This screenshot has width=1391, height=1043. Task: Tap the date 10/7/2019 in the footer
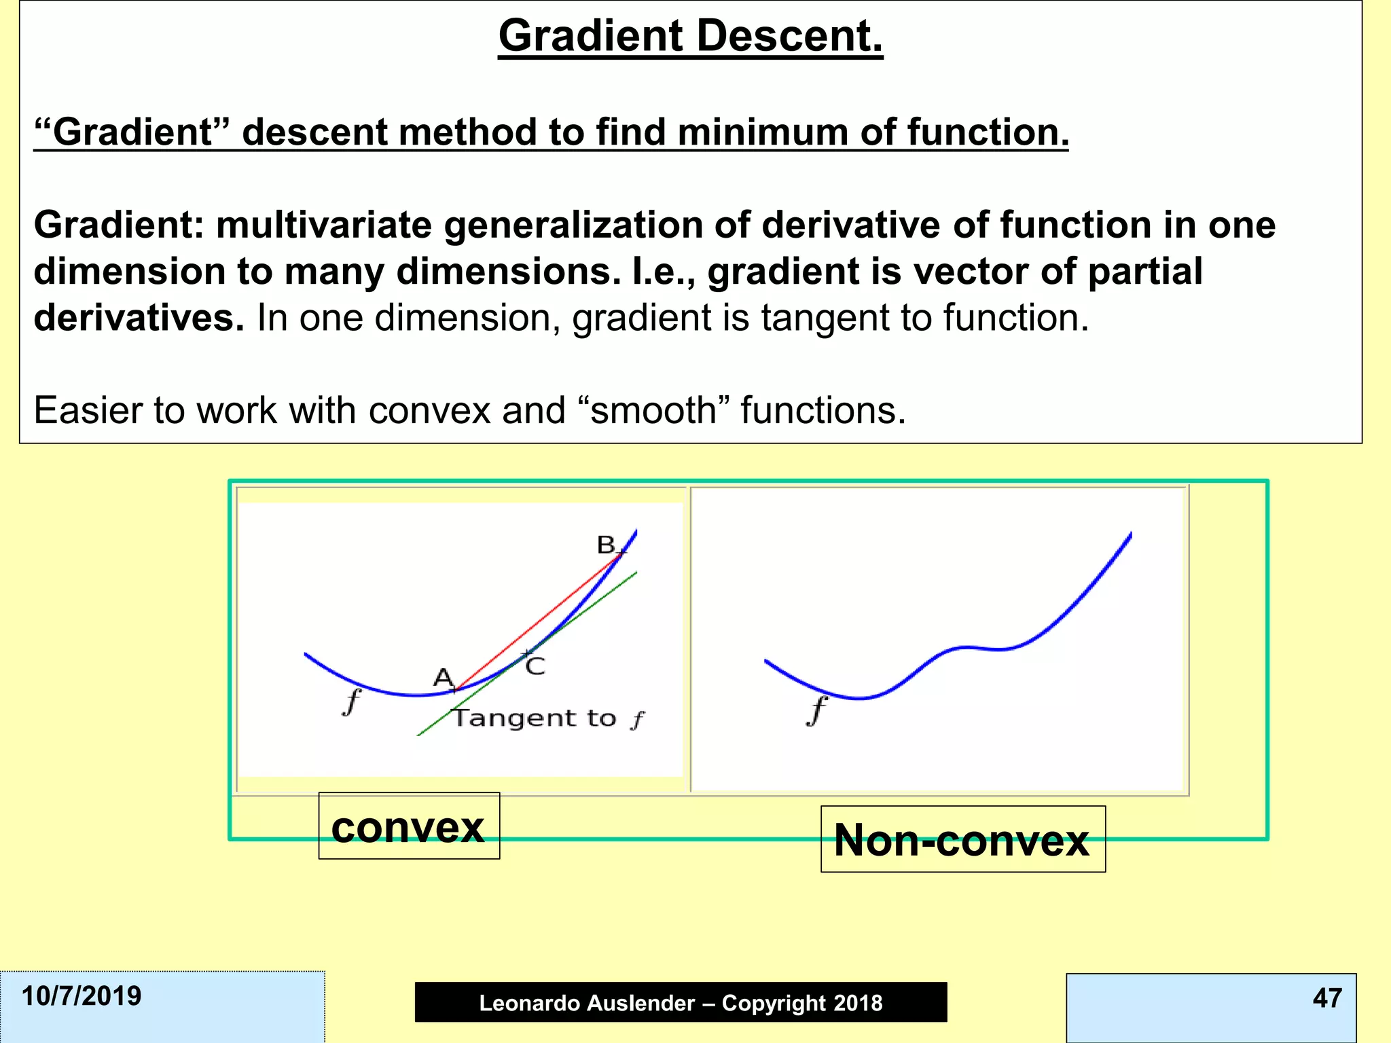tap(82, 996)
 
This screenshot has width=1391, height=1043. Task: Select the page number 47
tap(1327, 998)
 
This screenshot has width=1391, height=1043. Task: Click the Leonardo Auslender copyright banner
tap(681, 1002)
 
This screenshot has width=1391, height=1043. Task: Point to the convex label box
tap(409, 826)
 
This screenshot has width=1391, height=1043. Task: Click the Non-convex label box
tap(962, 840)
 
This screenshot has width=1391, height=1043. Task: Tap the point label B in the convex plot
tap(605, 545)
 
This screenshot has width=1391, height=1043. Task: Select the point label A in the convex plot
tap(443, 677)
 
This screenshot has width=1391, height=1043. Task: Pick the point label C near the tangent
tap(536, 666)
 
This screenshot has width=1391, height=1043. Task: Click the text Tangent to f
tap(547, 718)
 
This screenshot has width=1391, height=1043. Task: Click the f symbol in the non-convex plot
tap(817, 711)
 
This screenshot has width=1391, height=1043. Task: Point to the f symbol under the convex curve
tap(351, 701)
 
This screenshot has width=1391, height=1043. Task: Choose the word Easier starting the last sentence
tap(88, 410)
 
